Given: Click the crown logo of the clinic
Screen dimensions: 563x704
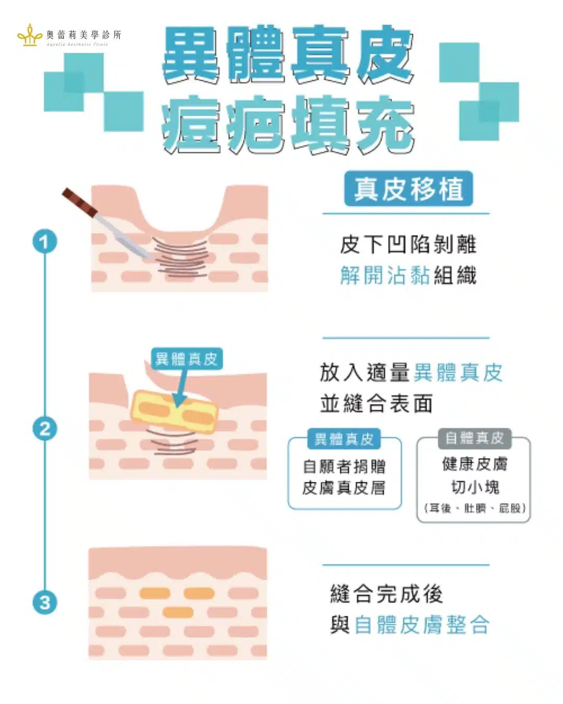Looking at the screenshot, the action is (x=30, y=35).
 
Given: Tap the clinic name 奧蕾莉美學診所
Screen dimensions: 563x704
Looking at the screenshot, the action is (x=84, y=34).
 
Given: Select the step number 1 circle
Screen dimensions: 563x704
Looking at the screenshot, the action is (x=45, y=241).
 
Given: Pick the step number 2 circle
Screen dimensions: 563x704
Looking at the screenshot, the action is (x=45, y=429).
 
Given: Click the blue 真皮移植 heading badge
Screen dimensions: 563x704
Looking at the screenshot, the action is (x=409, y=189).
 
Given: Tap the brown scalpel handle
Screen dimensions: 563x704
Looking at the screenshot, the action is (x=80, y=202).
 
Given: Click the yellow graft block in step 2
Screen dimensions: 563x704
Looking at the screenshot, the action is (x=174, y=412).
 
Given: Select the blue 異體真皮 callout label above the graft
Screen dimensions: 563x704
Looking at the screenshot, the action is (x=187, y=359).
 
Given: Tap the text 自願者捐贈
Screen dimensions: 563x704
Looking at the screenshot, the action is (x=344, y=467).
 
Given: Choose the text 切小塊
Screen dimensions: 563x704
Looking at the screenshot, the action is (x=475, y=488).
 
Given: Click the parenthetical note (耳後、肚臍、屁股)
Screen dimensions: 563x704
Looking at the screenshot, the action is (x=475, y=508).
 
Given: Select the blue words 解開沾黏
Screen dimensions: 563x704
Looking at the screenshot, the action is (x=385, y=275).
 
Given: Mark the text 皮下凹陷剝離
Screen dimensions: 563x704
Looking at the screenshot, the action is (x=408, y=244).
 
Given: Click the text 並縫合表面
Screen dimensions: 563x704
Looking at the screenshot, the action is (x=376, y=403).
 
